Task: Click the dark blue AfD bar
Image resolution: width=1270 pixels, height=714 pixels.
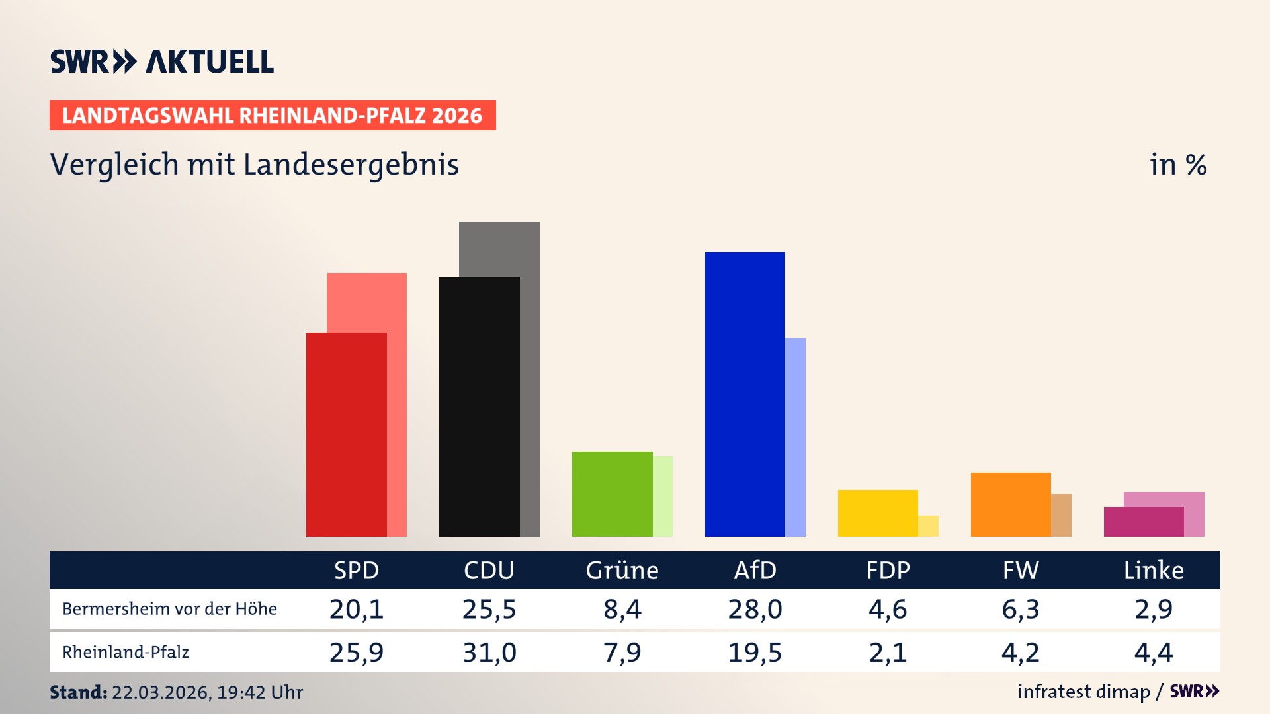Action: pyautogui.click(x=745, y=394)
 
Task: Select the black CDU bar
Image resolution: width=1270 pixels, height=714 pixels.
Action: pyautogui.click(x=479, y=407)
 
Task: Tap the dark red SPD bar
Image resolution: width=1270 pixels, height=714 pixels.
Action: pyautogui.click(x=346, y=434)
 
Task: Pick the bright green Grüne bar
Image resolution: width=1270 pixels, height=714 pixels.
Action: pyautogui.click(x=612, y=494)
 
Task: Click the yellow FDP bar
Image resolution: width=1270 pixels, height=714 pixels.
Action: pyautogui.click(x=878, y=513)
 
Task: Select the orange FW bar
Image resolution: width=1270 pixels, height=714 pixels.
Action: pyautogui.click(x=1011, y=504)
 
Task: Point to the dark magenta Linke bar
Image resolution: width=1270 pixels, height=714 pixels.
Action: pyautogui.click(x=1144, y=522)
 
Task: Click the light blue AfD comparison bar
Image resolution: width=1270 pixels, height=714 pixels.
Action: pyautogui.click(x=796, y=437)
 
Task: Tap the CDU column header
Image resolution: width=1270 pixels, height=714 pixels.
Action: pyautogui.click(x=489, y=570)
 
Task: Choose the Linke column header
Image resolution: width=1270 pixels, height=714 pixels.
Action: pyautogui.click(x=1154, y=570)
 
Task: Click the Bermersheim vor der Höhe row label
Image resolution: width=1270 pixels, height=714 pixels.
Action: pyautogui.click(x=169, y=609)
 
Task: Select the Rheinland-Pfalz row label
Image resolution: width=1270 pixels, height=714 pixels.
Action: pyautogui.click(x=126, y=653)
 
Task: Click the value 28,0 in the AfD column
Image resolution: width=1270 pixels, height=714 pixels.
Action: pyautogui.click(x=755, y=609)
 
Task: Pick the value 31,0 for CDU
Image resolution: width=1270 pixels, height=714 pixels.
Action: pyautogui.click(x=489, y=653)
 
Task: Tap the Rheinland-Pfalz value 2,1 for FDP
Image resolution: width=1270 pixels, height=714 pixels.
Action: pyautogui.click(x=888, y=653)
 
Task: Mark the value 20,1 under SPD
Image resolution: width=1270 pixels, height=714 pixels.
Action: pyautogui.click(x=357, y=609)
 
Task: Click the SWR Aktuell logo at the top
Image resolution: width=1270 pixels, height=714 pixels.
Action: pyautogui.click(x=162, y=61)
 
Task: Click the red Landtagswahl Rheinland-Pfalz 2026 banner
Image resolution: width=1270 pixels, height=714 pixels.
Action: pyautogui.click(x=273, y=116)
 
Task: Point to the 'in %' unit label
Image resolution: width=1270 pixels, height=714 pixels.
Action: pyautogui.click(x=1178, y=165)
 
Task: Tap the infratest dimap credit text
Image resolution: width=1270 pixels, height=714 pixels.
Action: pyautogui.click(x=1083, y=692)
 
